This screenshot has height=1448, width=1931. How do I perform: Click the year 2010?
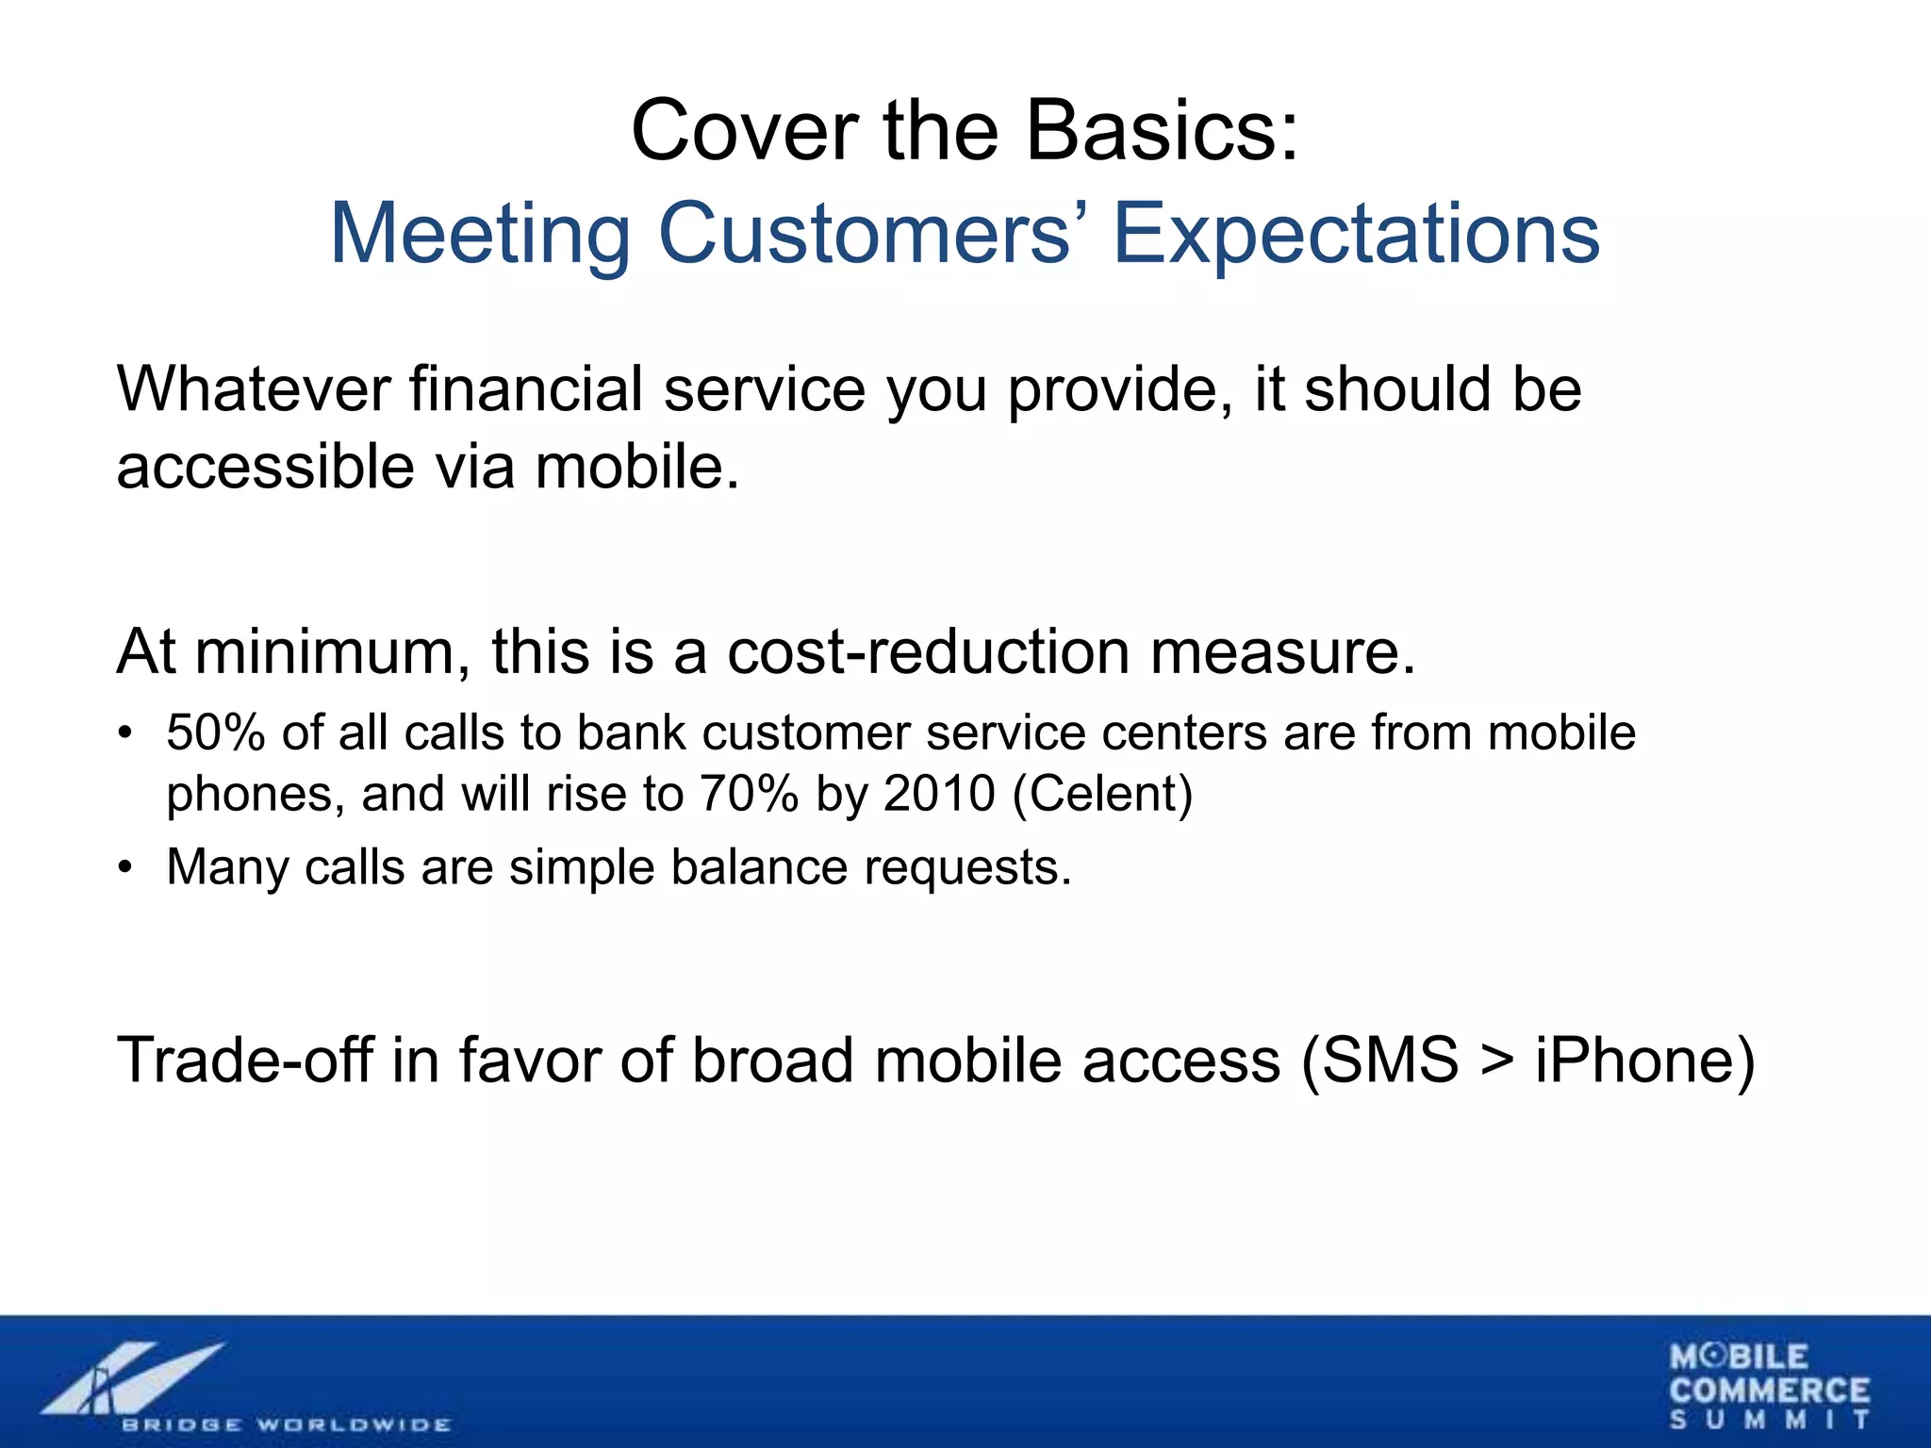pos(939,793)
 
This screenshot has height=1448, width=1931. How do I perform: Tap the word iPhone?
pos(1633,1060)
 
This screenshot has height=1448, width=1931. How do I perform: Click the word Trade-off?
pos(246,1060)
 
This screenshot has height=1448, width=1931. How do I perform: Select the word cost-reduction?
pos(928,651)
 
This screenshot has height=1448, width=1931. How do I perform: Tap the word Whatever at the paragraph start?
pos(254,388)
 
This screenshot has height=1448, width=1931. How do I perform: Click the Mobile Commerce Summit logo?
pos(1769,1386)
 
